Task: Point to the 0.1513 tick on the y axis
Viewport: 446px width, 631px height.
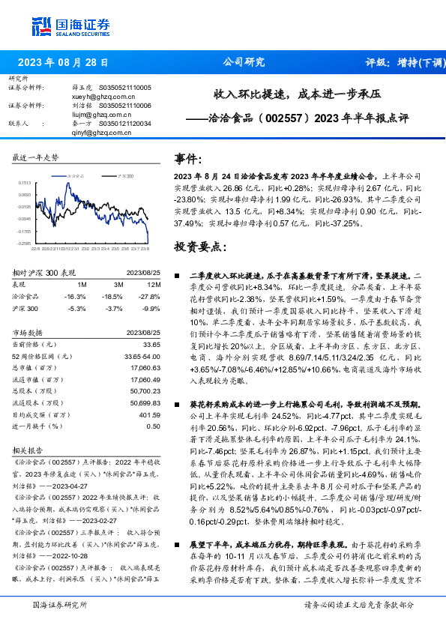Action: (x=25, y=182)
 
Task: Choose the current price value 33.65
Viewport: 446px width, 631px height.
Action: (x=151, y=344)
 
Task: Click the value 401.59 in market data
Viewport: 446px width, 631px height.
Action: (x=151, y=414)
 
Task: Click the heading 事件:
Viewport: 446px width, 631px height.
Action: (x=188, y=159)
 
